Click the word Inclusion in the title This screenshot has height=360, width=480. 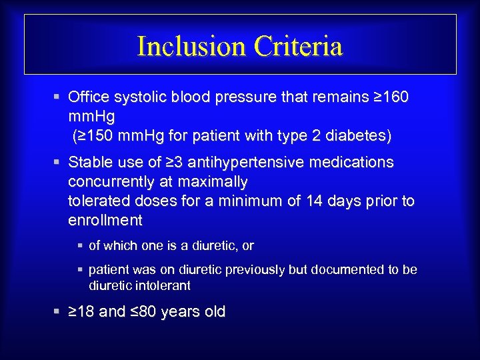[x=191, y=46]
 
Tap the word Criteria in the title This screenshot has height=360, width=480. [x=297, y=46]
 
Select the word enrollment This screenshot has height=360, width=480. [x=105, y=220]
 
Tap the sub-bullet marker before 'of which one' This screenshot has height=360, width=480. [x=80, y=246]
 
